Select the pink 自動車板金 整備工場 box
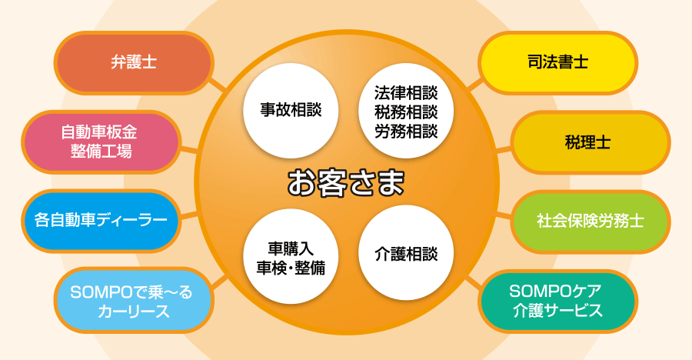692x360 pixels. [101, 142]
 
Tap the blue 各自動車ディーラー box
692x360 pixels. [101, 221]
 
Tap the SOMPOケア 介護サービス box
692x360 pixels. [557, 301]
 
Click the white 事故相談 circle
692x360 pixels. [291, 110]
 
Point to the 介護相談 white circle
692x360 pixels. [406, 253]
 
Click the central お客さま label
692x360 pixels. [346, 182]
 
